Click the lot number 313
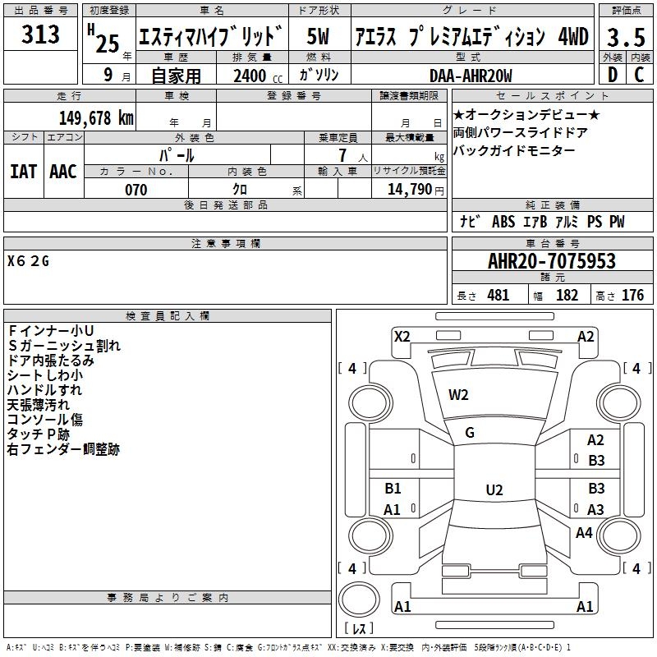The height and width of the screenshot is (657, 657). [40, 34]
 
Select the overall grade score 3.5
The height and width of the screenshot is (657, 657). [626, 37]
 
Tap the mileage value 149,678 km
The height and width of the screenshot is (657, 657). [96, 118]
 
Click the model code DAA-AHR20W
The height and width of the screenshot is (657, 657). [471, 76]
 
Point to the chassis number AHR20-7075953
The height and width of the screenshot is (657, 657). [552, 261]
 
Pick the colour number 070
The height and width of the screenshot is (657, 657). [136, 190]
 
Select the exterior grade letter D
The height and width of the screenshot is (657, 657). [613, 75]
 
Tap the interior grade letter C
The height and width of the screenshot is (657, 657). [640, 75]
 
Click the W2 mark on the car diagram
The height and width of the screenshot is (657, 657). [458, 395]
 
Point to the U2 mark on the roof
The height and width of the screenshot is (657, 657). [494, 489]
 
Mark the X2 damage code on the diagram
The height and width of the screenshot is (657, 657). [402, 337]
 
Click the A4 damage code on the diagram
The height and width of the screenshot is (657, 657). [584, 532]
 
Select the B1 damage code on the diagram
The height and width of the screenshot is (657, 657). [393, 488]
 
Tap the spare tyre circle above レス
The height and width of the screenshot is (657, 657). [359, 600]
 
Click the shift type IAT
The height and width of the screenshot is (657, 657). [24, 172]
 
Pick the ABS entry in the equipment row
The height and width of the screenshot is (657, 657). [503, 222]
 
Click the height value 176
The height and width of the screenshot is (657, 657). [632, 296]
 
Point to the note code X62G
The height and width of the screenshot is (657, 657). [28, 261]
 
